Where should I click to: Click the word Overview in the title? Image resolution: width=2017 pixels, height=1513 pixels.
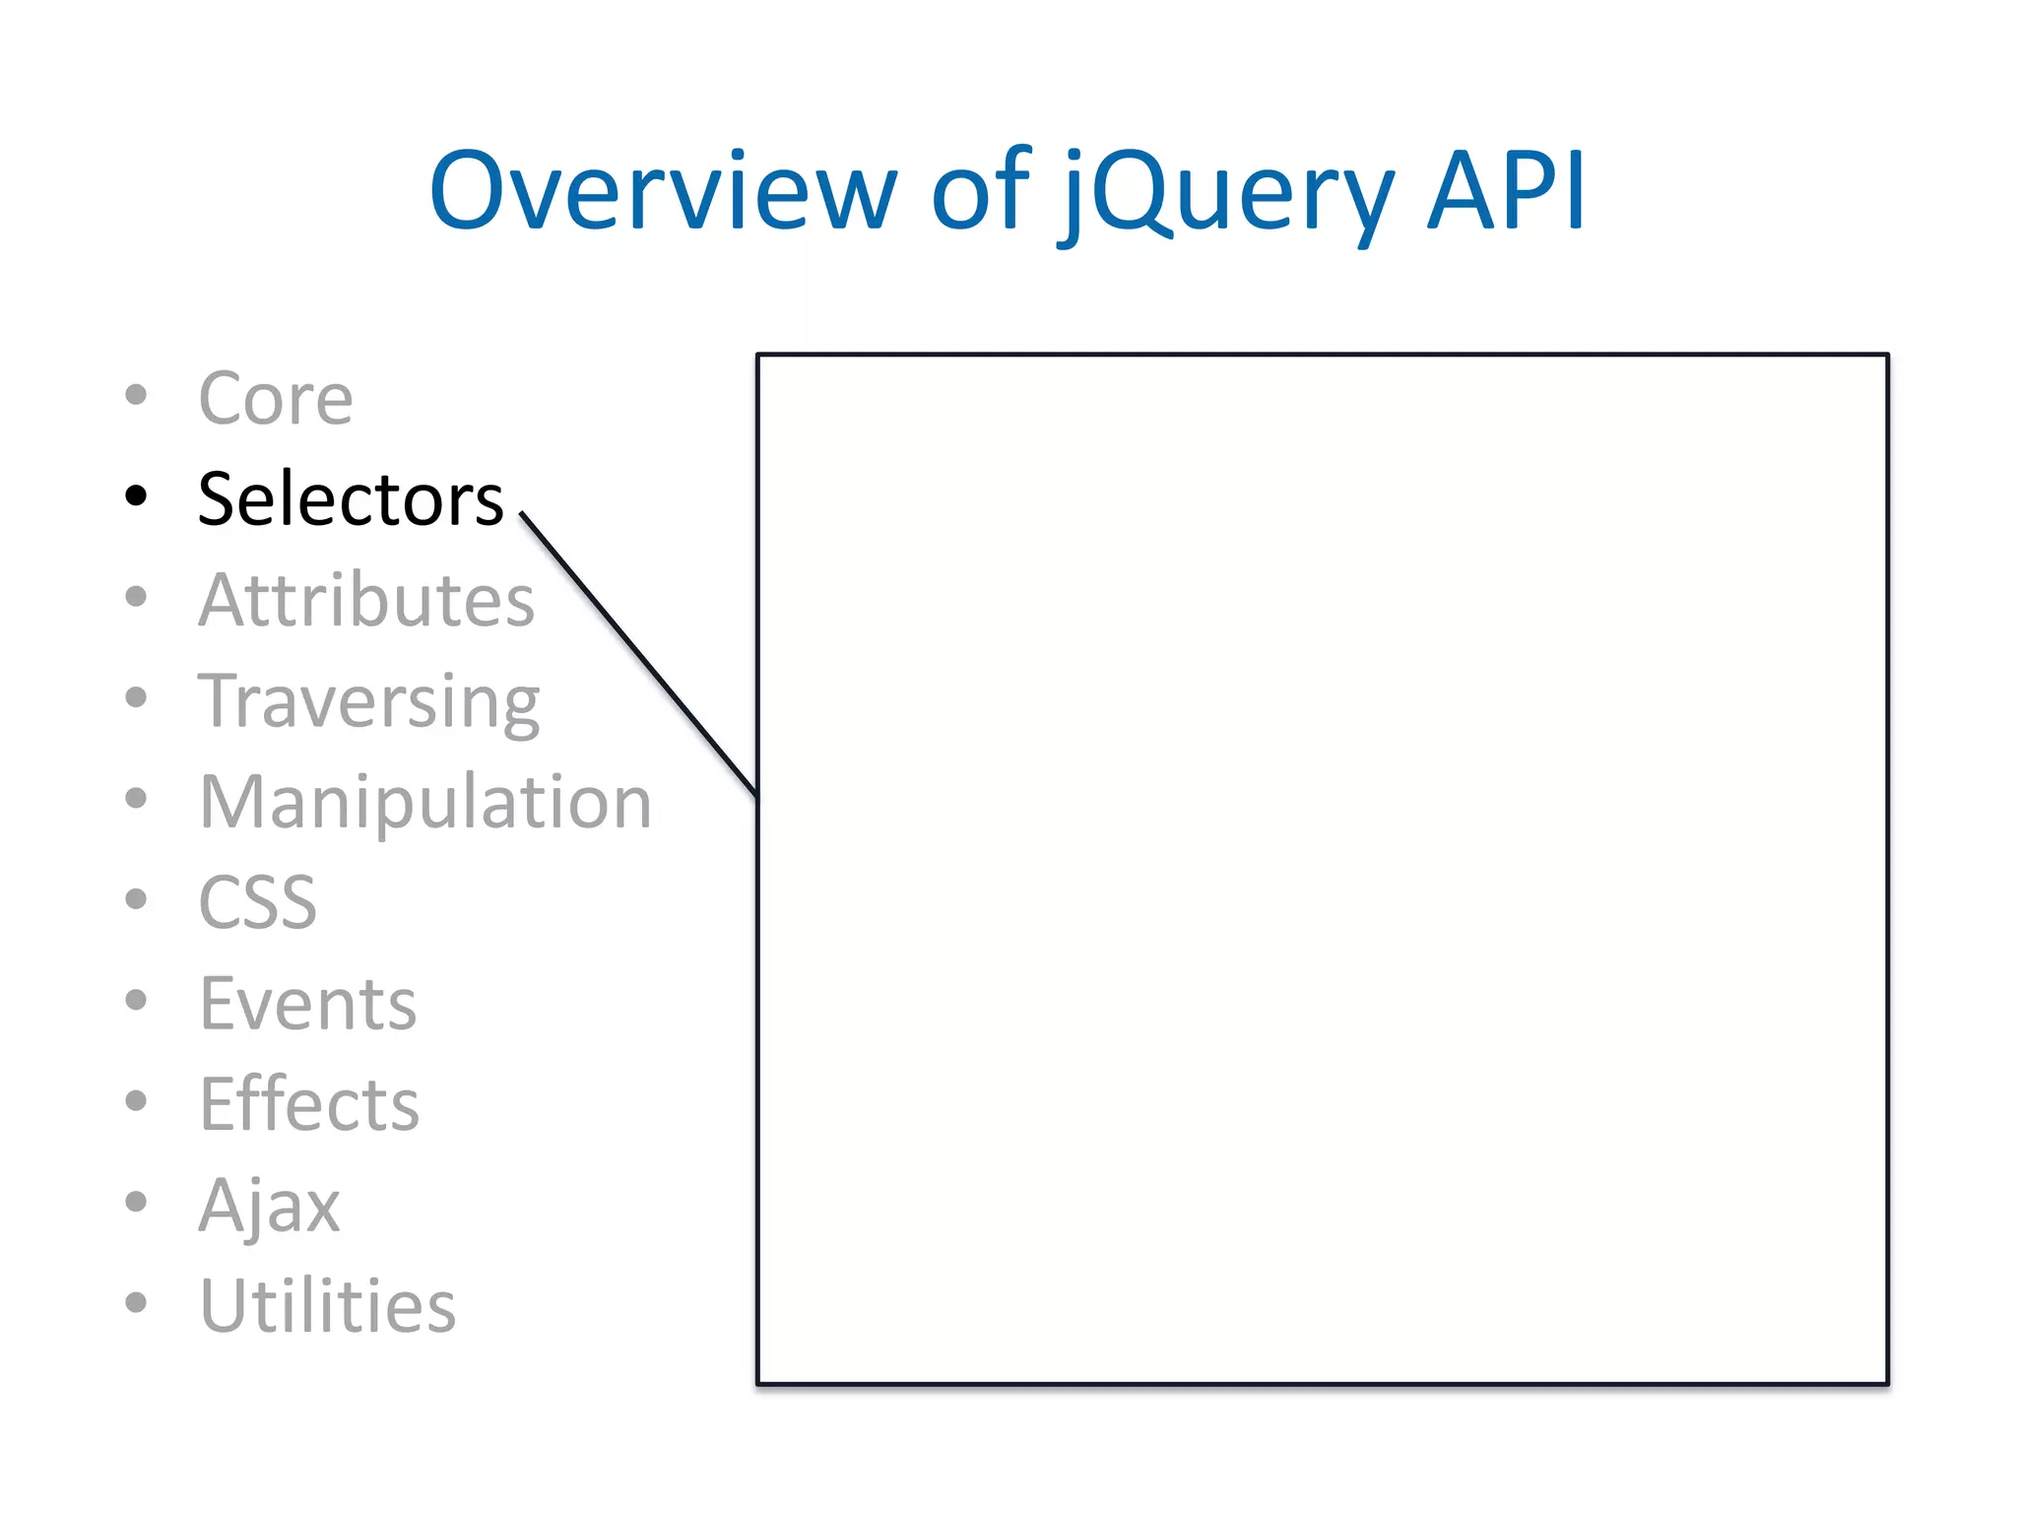pos(662,191)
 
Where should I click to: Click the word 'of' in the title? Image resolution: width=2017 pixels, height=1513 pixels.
pos(980,191)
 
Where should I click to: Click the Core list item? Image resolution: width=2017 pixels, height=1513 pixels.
pos(275,399)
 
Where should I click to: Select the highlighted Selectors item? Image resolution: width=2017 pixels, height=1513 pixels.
pos(350,499)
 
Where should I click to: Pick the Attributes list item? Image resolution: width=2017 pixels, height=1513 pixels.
pos(365,600)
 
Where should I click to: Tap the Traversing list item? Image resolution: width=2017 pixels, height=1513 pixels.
pos(368,701)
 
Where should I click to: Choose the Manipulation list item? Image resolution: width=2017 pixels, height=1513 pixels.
pos(424,802)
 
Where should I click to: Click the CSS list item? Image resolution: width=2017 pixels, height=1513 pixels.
pos(257,902)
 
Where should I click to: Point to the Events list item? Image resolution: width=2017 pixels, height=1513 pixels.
pos(307,1004)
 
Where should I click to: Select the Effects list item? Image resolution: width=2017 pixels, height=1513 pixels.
pos(308,1104)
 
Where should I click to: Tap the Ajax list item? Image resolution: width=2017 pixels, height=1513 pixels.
pos(269,1205)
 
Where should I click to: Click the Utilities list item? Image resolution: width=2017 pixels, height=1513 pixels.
pos(327,1306)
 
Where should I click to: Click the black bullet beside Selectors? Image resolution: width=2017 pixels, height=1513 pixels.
pos(136,495)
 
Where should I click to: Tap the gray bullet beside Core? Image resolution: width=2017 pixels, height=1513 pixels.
pos(136,395)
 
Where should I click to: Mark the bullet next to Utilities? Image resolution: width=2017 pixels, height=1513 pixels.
pos(136,1302)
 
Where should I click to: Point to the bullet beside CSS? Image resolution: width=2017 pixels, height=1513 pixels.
pos(136,898)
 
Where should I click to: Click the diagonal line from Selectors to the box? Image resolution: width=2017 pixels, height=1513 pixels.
pos(638,654)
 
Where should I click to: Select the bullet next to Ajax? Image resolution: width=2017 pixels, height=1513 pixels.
pos(136,1201)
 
